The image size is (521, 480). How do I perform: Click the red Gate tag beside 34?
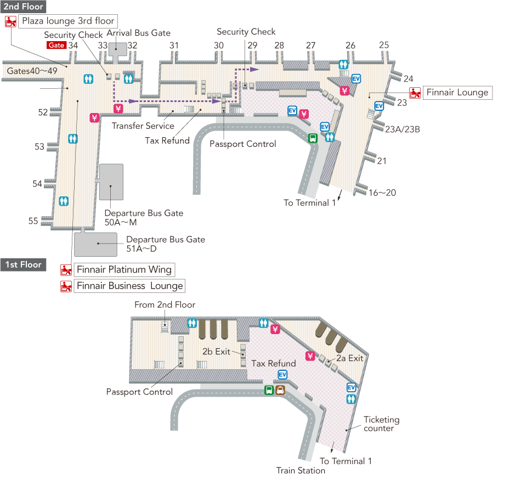pyautogui.click(x=56, y=46)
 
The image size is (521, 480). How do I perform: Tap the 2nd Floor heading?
pyautogui.click(x=23, y=7)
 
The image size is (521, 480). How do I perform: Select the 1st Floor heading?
pyautogui.click(x=23, y=264)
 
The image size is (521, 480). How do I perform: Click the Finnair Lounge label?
pyautogui.click(x=457, y=93)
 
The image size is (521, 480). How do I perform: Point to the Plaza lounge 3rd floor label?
pyautogui.click(x=68, y=21)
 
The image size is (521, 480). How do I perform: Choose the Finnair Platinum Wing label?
pyautogui.click(x=124, y=269)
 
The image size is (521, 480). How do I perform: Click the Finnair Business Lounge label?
pyautogui.click(x=129, y=286)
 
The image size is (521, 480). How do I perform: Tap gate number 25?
pyautogui.click(x=384, y=46)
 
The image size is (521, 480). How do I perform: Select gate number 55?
pyautogui.click(x=33, y=221)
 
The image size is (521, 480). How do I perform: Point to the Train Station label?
pyautogui.click(x=301, y=470)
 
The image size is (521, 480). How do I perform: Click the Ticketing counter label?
pyautogui.click(x=381, y=423)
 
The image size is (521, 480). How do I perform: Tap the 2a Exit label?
pyautogui.click(x=349, y=358)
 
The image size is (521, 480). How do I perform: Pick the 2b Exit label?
pyautogui.click(x=216, y=352)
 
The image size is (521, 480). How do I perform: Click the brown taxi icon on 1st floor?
pyautogui.click(x=280, y=390)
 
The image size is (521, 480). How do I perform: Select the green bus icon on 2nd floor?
pyautogui.click(x=313, y=138)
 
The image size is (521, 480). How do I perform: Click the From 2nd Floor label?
pyautogui.click(x=165, y=305)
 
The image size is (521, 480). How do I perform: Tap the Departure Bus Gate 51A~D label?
pyautogui.click(x=166, y=244)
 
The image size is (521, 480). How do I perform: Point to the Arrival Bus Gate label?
pyautogui.click(x=138, y=33)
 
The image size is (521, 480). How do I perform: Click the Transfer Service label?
pyautogui.click(x=143, y=126)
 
